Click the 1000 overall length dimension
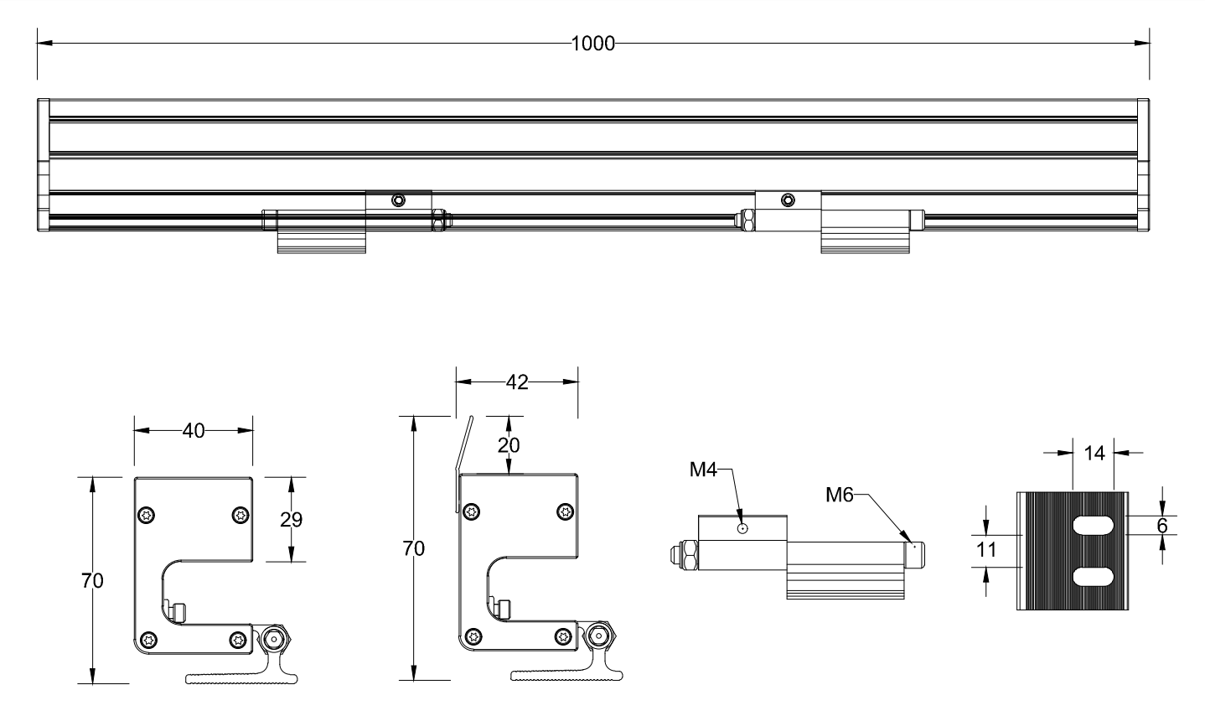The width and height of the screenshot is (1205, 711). [592, 44]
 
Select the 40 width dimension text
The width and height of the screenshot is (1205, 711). [194, 430]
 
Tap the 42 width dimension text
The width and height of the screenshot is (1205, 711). [518, 382]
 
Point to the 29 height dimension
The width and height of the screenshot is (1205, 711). [291, 519]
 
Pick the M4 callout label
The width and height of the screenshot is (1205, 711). [703, 470]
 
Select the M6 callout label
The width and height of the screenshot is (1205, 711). [839, 495]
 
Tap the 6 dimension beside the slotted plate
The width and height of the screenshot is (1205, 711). [1161, 526]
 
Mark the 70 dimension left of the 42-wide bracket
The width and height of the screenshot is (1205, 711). [414, 549]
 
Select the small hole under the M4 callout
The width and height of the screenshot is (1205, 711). [742, 528]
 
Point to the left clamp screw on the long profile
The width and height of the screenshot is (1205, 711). [398, 200]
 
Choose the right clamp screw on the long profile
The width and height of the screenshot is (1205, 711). [786, 200]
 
